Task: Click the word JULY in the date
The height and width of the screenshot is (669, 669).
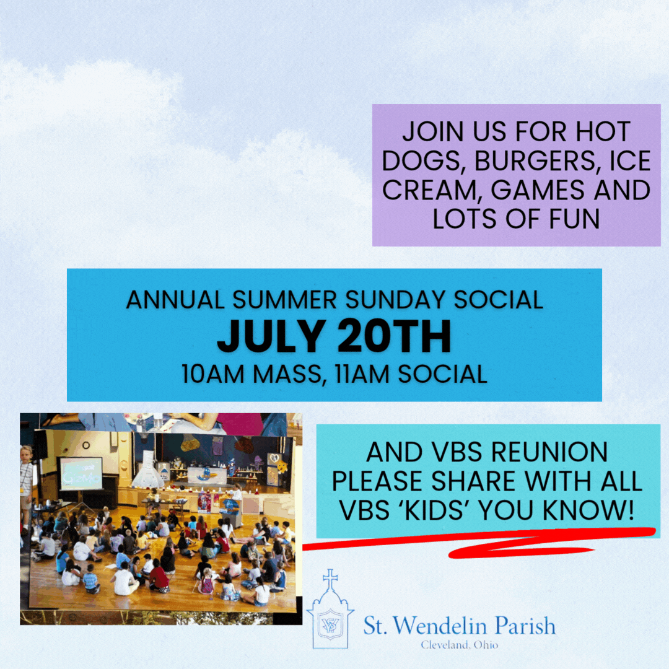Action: [271, 336]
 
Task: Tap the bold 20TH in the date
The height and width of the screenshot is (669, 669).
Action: [394, 336]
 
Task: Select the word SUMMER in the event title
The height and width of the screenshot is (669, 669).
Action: [284, 300]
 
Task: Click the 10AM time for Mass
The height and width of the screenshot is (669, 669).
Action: [212, 374]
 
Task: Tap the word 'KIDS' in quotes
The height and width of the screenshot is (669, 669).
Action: [434, 510]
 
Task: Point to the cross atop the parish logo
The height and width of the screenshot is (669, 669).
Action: [330, 579]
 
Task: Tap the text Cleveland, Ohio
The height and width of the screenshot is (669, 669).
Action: [460, 645]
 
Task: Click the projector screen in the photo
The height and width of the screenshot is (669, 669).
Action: [81, 473]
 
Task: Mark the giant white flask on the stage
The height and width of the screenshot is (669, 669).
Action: [147, 470]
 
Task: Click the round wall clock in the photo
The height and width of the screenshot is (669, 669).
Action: [85, 445]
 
